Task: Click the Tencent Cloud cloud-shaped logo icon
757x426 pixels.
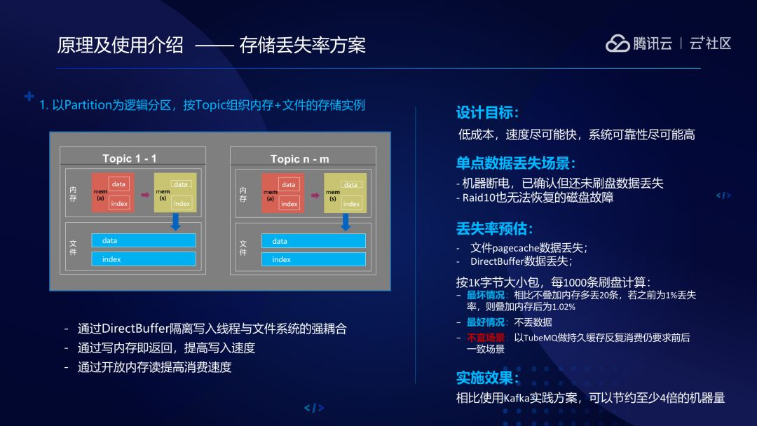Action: click(x=618, y=43)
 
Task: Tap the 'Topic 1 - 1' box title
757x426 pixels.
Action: click(x=130, y=158)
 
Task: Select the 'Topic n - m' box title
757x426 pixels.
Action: click(x=299, y=159)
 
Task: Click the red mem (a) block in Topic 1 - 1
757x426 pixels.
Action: click(x=113, y=193)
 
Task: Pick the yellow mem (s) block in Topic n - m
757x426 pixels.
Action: click(x=345, y=193)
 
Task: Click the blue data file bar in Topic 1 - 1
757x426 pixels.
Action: click(x=144, y=240)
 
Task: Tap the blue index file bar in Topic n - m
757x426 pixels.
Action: click(x=313, y=259)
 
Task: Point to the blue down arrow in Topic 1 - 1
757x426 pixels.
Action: click(x=175, y=221)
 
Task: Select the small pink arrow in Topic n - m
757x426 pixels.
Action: click(x=315, y=195)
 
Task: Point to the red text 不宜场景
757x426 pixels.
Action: click(x=485, y=337)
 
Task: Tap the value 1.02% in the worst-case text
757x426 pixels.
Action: click(x=563, y=307)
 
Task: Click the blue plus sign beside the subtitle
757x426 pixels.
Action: click(x=29, y=96)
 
